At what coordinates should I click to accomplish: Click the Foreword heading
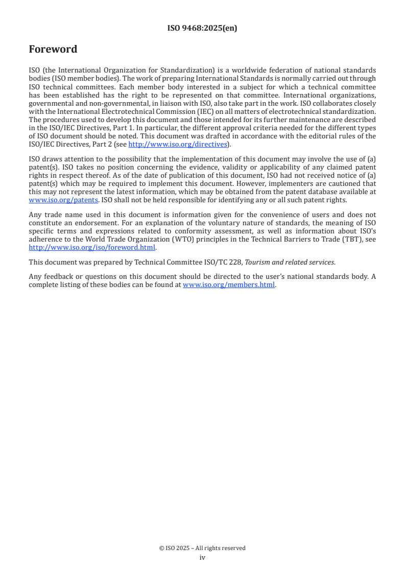tap(53, 50)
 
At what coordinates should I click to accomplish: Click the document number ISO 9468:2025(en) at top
tap(202, 29)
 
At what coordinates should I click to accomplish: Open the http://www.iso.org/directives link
tap(177, 145)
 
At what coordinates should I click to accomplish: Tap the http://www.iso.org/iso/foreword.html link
tap(92, 248)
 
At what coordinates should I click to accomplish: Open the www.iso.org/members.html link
tap(229, 285)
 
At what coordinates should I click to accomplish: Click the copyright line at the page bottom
tap(202, 548)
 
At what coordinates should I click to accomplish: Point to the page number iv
tap(202, 558)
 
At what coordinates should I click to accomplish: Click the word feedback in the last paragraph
tap(56, 277)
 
